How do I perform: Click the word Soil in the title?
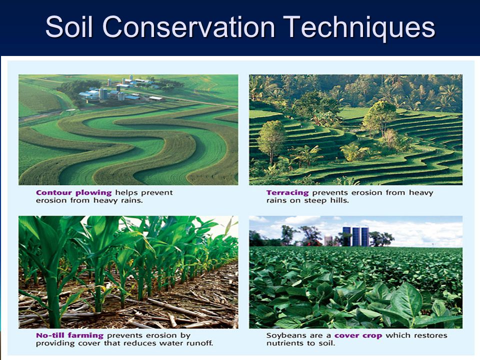click(x=69, y=26)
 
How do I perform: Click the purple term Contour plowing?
click(x=74, y=193)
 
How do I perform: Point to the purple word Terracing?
click(x=287, y=193)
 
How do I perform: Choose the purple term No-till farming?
click(x=70, y=335)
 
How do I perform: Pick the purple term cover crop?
click(x=358, y=336)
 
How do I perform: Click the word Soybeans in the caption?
click(x=284, y=335)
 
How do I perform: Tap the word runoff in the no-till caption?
click(x=201, y=343)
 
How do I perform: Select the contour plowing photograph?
click(x=128, y=129)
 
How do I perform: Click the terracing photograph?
click(x=355, y=129)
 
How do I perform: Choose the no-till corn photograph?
click(x=128, y=272)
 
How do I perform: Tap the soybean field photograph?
click(x=355, y=272)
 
